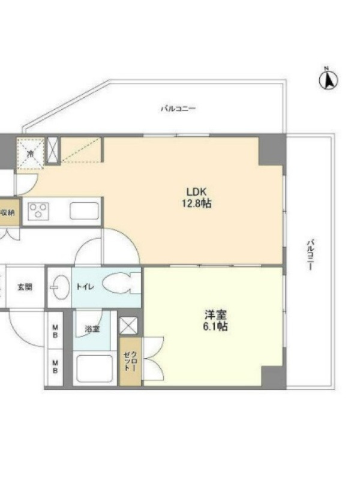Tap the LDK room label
[197, 192]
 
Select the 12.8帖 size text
[197, 203]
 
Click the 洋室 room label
[215, 314]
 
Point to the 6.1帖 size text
[215, 326]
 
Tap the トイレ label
[85, 287]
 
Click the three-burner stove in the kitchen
[38, 211]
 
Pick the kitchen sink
[84, 211]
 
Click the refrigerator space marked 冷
[31, 153]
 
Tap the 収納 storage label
[8, 213]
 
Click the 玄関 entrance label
[25, 287]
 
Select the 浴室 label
[92, 329]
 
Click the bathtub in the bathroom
[95, 368]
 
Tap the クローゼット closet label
[131, 361]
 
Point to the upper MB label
[55, 332]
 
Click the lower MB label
[55, 367]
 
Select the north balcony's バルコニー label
[178, 109]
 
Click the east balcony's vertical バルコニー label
[311, 255]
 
